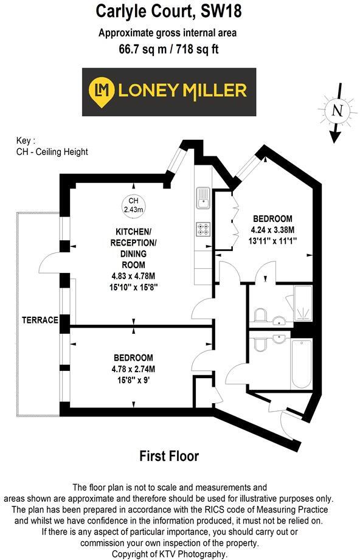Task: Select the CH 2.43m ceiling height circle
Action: click(x=133, y=205)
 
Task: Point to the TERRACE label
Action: click(x=40, y=320)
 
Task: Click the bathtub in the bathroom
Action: click(x=302, y=364)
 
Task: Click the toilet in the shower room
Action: click(x=259, y=315)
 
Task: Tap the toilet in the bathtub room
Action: click(x=259, y=344)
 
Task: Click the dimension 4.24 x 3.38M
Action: click(x=272, y=230)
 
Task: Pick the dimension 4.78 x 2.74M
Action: click(x=133, y=368)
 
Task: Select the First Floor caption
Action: click(x=169, y=455)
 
